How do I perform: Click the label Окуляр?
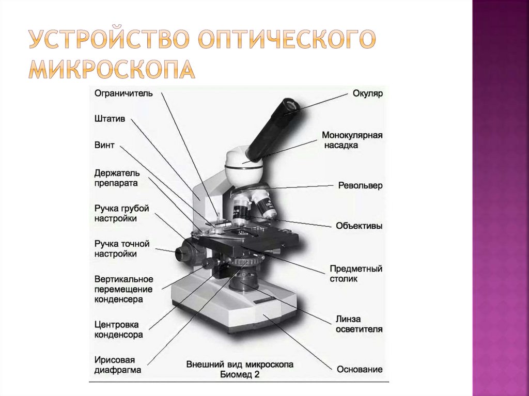coord(367,93)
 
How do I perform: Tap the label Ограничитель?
coord(123,93)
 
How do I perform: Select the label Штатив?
coord(110,119)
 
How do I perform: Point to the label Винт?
coord(104,145)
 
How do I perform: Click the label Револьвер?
coord(360,185)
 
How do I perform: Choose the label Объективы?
coord(359,226)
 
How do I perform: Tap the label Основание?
coord(360,369)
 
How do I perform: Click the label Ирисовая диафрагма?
coord(117,365)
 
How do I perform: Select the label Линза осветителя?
coord(359,324)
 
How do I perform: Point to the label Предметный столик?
coord(356,274)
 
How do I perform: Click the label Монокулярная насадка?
coord(352,140)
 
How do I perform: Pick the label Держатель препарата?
coord(117,178)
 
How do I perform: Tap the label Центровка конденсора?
coord(118,329)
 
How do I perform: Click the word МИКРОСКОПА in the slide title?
coord(112,70)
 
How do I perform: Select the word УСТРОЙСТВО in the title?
coord(108,39)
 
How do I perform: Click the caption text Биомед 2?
coord(240,374)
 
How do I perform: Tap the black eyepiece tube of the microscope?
coord(273,129)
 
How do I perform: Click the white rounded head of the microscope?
coord(244,168)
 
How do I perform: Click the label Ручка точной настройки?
coord(122,248)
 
